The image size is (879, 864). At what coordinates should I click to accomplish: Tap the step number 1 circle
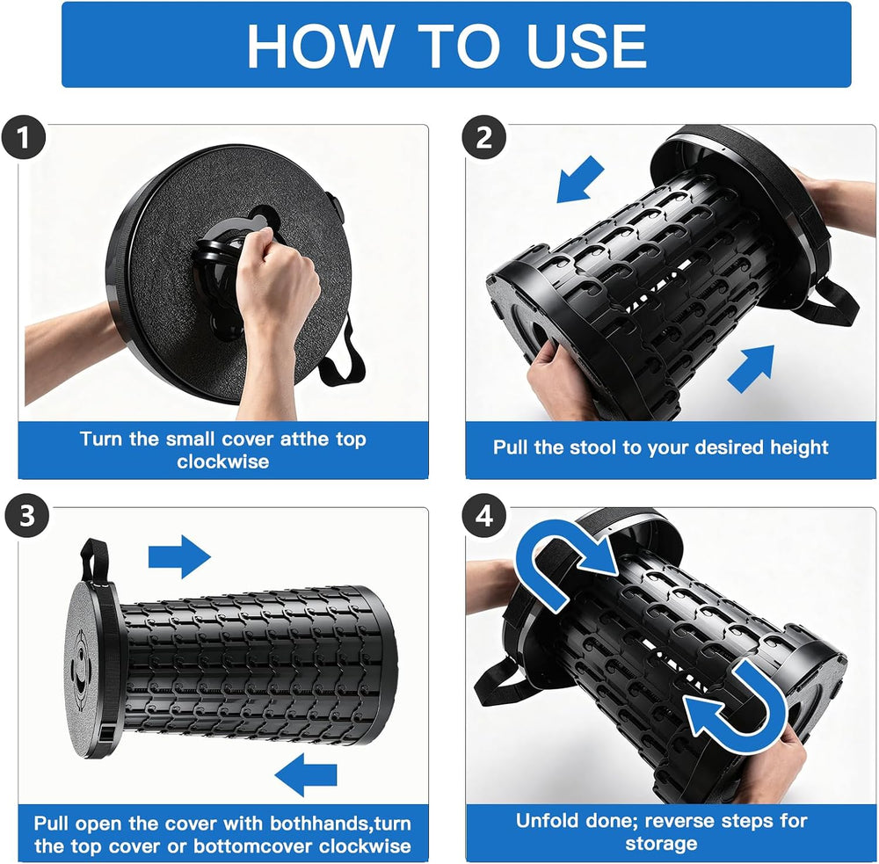23,137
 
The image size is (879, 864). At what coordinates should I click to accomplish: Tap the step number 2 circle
484,137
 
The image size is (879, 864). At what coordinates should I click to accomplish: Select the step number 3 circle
27,515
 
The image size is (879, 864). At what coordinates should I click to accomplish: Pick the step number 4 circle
484,515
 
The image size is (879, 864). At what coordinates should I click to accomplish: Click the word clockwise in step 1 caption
223,461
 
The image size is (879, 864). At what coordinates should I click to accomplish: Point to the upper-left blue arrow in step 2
579,179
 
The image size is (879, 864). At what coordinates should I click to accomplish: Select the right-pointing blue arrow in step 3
179,556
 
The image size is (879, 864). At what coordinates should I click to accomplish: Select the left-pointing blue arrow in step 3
306,774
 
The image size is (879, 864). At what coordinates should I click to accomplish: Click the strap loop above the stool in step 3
94,561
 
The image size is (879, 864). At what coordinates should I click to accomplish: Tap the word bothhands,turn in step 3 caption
340,823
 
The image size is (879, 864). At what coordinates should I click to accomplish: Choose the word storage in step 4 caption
661,843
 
